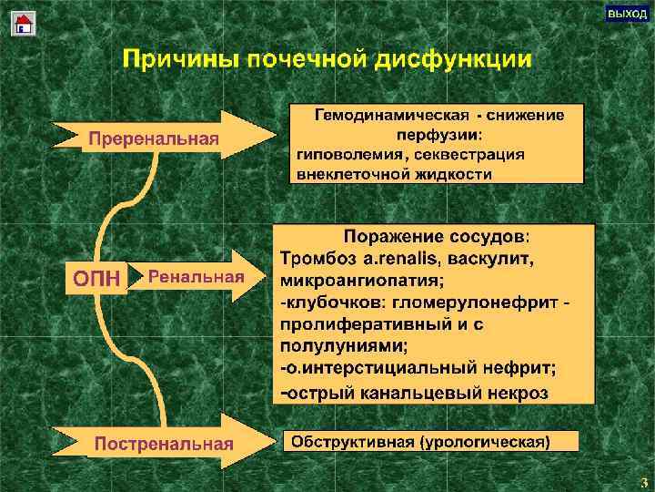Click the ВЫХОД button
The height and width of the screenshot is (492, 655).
tap(627, 15)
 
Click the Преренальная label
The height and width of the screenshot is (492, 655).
tap(151, 138)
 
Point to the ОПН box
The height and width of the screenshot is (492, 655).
tap(96, 278)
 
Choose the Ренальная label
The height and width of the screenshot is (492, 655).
tap(196, 276)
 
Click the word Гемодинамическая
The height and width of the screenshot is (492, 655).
tap(392, 116)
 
